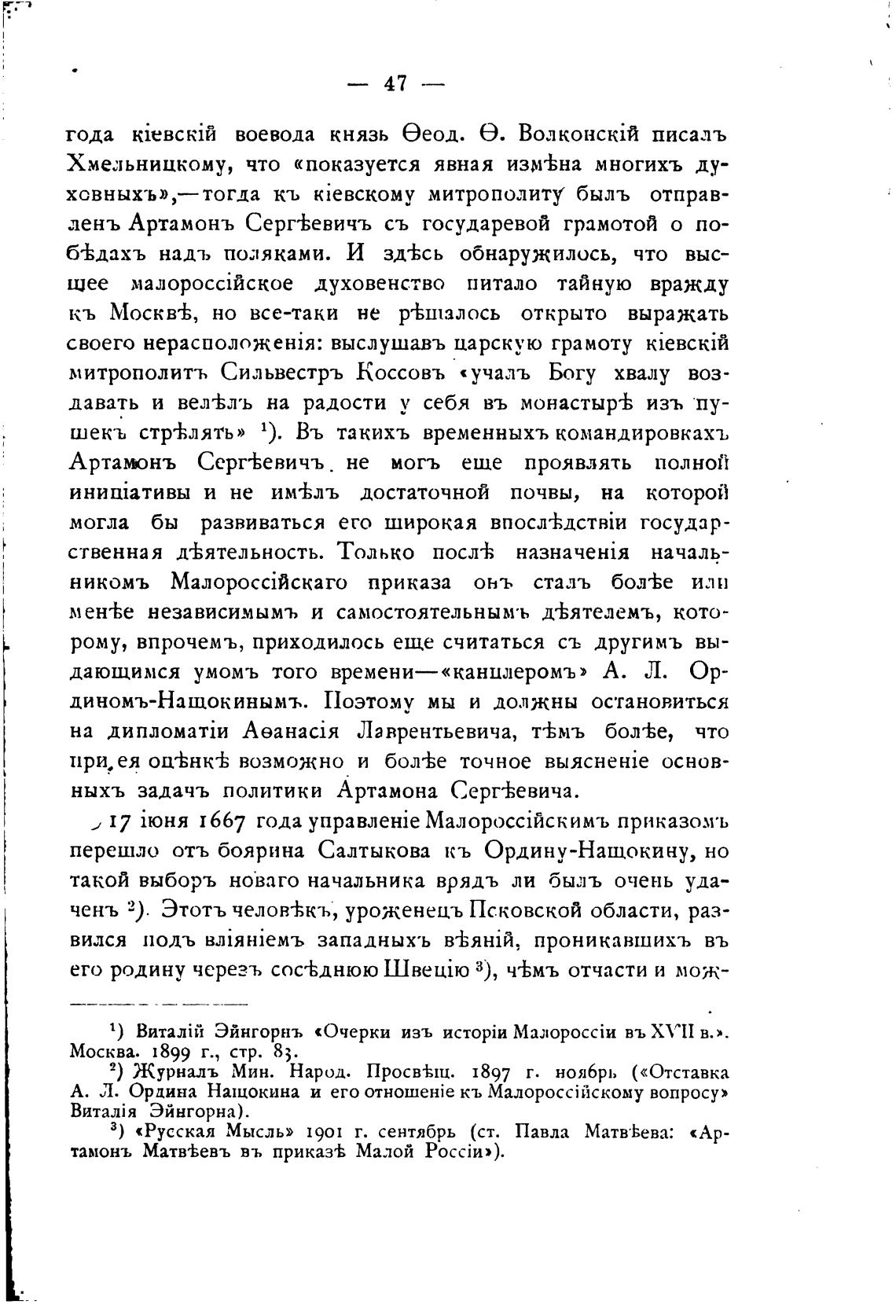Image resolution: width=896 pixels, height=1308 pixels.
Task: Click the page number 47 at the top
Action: pyautogui.click(x=394, y=83)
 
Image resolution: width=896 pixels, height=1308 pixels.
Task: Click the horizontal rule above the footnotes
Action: pyautogui.click(x=158, y=1004)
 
